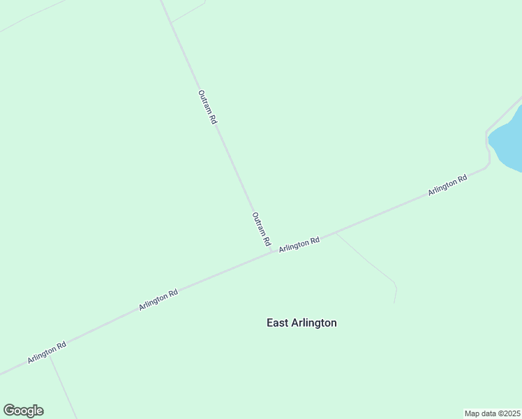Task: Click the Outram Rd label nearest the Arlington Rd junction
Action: pos(261,229)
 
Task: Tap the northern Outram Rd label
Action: pos(207,107)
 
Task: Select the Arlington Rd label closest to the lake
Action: pos(447,185)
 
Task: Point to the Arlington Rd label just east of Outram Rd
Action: pos(299,244)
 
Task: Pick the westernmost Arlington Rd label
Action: pos(47,352)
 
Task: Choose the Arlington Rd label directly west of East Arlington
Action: pos(158,300)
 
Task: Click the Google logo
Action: pos(23,411)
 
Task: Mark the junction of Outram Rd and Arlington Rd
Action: pos(272,252)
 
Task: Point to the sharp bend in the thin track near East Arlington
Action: pos(396,285)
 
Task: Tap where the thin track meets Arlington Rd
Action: pos(336,233)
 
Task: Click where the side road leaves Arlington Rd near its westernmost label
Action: pos(50,355)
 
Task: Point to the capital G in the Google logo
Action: pos(9,411)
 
